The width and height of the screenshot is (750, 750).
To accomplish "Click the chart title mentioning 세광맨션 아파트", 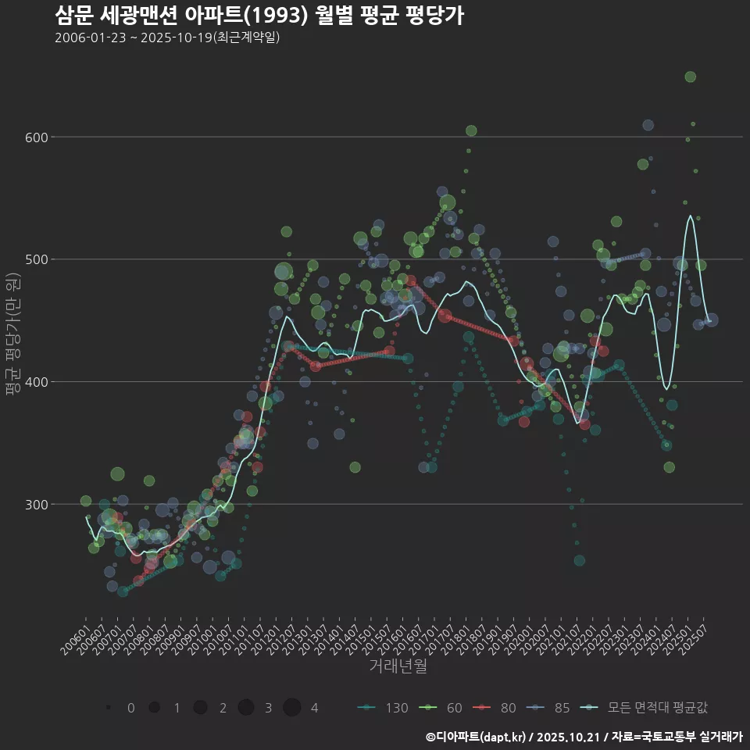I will [x=259, y=16].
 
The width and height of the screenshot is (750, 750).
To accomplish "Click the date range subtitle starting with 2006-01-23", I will [x=167, y=38].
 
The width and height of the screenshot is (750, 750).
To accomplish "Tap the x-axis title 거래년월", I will [x=398, y=666].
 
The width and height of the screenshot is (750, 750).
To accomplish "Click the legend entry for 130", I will [x=383, y=708].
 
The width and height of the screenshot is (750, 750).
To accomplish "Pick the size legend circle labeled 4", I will [x=292, y=708].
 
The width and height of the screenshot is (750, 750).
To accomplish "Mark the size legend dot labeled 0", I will [x=109, y=708].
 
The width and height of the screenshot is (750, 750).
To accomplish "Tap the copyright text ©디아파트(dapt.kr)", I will [x=477, y=736].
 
